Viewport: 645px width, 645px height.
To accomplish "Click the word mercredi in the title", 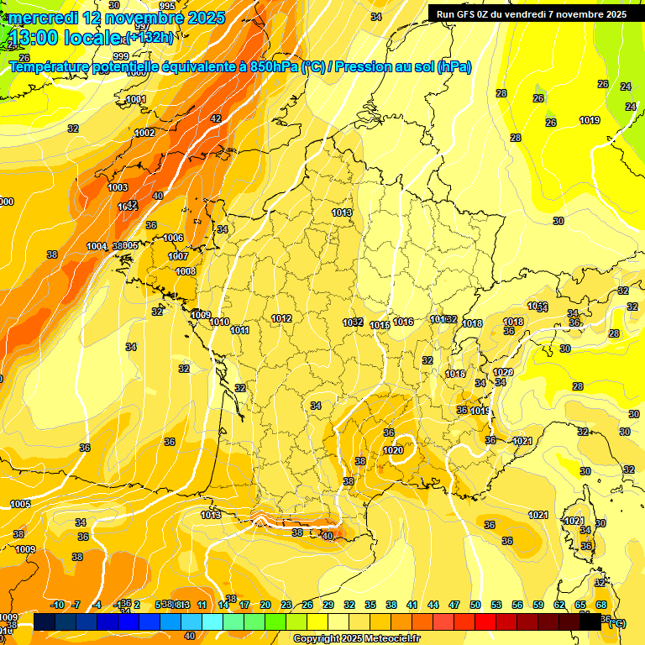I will (x=41, y=18).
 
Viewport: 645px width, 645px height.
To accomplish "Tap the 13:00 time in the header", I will (x=39, y=38).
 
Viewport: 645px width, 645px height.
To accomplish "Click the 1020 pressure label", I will (x=393, y=450).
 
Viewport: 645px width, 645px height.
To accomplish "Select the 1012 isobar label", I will (x=281, y=318).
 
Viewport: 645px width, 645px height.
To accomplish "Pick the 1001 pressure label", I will (x=135, y=100).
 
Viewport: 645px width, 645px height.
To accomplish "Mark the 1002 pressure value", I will (x=144, y=133).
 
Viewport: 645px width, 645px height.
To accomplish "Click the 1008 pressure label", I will (x=186, y=271).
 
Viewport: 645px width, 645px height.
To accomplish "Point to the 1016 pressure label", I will (x=403, y=322).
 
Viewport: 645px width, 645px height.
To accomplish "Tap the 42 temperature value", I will (x=216, y=118).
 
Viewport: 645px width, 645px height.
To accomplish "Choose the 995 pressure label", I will (x=167, y=6).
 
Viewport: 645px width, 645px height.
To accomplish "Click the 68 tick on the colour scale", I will (x=601, y=605).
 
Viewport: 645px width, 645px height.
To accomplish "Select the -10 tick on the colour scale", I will (x=57, y=605).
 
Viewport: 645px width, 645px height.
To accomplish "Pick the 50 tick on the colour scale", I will (x=475, y=605).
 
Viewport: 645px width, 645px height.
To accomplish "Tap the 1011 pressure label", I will (x=240, y=330).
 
